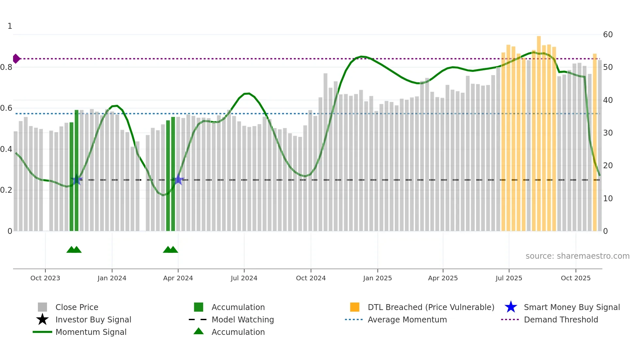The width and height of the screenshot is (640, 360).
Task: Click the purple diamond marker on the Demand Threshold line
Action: click(x=16, y=59)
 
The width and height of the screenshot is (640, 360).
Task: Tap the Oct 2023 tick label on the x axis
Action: click(x=45, y=278)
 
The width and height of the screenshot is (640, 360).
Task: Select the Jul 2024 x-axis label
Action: click(x=244, y=278)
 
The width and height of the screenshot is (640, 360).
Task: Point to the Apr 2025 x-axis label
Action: click(x=443, y=278)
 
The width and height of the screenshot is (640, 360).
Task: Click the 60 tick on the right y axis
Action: click(x=608, y=35)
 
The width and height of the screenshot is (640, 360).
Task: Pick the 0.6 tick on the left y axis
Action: click(x=6, y=108)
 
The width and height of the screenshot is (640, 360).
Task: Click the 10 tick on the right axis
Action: click(x=608, y=199)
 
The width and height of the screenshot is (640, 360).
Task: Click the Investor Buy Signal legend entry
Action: click(x=93, y=320)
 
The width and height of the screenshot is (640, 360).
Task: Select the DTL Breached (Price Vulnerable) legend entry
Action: click(x=431, y=307)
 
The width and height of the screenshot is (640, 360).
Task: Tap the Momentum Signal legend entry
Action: click(x=91, y=332)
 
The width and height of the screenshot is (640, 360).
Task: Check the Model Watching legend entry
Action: click(x=243, y=320)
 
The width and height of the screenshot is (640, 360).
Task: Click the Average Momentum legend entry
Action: click(x=407, y=320)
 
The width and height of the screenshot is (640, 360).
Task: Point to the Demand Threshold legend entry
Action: click(x=561, y=320)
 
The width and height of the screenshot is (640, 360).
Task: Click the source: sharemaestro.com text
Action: click(x=577, y=256)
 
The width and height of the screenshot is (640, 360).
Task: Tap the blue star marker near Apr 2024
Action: click(x=178, y=179)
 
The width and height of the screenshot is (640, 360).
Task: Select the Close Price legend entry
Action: click(x=77, y=307)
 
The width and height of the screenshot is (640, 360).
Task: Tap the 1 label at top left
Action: click(x=10, y=26)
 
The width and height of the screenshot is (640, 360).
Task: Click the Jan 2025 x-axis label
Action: click(x=377, y=278)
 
